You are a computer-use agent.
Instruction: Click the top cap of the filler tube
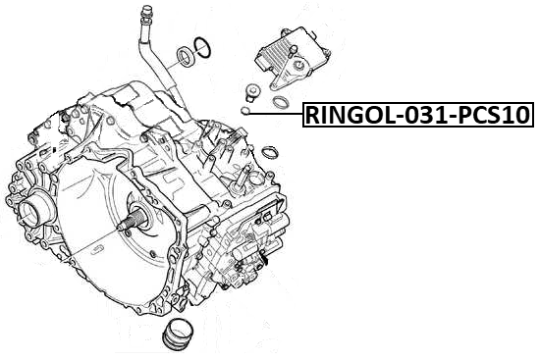(x=146, y=14)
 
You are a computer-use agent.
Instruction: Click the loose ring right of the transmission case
(x=269, y=151)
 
